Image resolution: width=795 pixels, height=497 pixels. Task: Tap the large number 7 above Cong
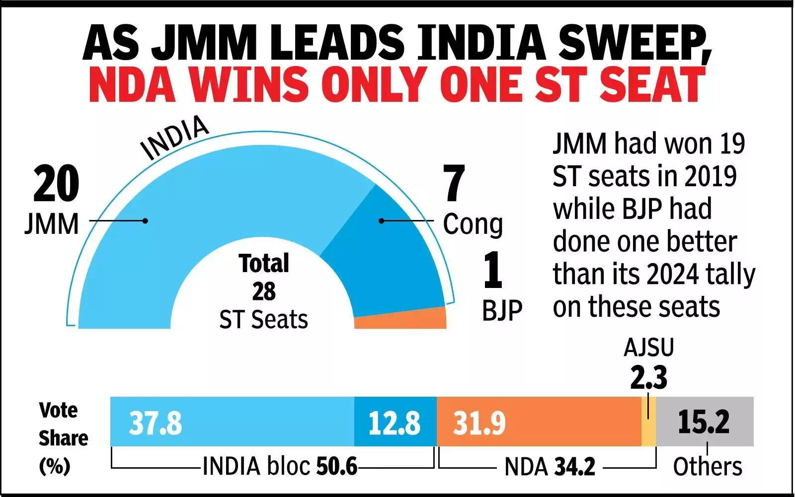click(x=454, y=184)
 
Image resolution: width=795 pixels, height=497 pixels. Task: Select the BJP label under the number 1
click(x=502, y=310)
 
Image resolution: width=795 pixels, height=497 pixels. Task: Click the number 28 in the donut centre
click(x=263, y=291)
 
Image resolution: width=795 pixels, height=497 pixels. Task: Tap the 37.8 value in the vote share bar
click(x=156, y=424)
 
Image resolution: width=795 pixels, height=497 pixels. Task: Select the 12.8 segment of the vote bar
click(x=395, y=424)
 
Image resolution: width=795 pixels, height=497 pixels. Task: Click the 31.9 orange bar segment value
click(x=479, y=424)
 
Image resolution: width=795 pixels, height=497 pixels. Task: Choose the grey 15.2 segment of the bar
click(x=704, y=422)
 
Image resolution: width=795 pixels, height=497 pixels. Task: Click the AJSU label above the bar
click(x=649, y=348)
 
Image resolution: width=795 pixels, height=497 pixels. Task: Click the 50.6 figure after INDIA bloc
click(x=336, y=467)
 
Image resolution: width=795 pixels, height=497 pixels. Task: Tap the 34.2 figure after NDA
click(x=574, y=467)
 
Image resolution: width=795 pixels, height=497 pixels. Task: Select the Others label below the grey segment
click(x=707, y=467)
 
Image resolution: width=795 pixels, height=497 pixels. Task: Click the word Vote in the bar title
click(x=58, y=410)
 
